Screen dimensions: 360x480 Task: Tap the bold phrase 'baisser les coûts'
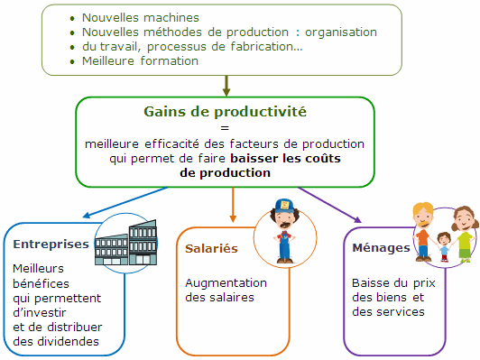[x=285, y=158]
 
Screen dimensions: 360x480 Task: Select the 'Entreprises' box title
[x=51, y=245]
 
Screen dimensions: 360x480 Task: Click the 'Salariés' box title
[x=211, y=247]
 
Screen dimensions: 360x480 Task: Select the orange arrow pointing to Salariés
[x=234, y=203]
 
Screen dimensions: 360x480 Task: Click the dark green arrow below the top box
[x=226, y=86]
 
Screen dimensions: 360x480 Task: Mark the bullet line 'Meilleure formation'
[x=140, y=61]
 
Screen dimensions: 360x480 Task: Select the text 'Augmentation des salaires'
[x=220, y=289]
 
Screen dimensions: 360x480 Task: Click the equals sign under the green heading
[x=225, y=128]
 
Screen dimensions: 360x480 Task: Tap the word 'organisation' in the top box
[x=338, y=32]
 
